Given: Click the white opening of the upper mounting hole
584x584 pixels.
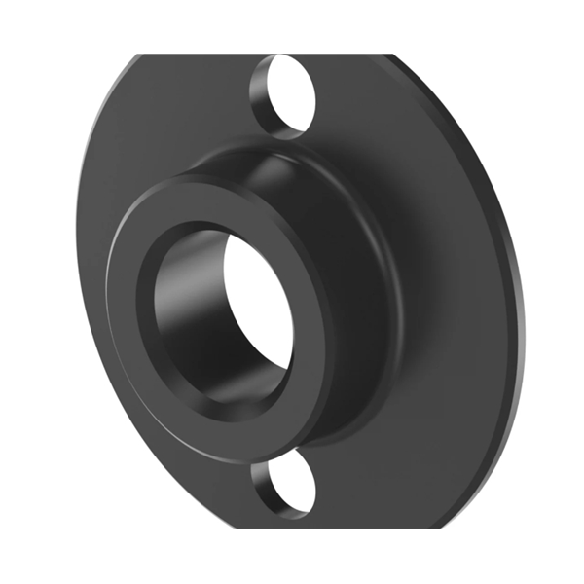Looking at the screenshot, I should tap(296, 95).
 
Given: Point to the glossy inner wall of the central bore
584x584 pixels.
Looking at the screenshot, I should tap(185, 311).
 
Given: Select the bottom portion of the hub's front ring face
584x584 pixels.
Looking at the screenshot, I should tap(234, 419).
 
